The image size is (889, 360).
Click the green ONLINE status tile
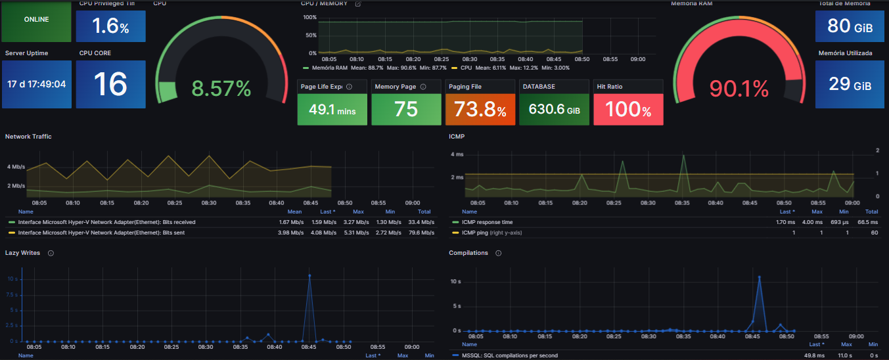(x=36, y=20)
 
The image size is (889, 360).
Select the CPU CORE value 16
(x=110, y=84)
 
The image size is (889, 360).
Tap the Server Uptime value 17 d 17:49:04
(x=37, y=84)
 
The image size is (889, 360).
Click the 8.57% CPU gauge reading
(x=221, y=88)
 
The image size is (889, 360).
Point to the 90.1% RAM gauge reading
(x=739, y=88)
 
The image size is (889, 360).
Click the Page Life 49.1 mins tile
(x=332, y=110)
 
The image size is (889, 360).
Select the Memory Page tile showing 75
(x=406, y=110)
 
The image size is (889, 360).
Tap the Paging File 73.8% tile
(x=480, y=110)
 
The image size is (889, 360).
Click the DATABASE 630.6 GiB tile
(x=555, y=110)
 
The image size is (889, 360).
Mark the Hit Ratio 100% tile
(x=628, y=110)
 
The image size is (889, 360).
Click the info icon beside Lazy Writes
(x=51, y=253)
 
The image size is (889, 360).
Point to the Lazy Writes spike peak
(x=309, y=275)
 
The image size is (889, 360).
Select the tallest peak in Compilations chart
(x=759, y=277)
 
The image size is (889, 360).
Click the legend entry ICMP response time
(x=487, y=222)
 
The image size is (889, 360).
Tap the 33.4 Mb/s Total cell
(x=424, y=222)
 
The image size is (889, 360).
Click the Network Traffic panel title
(x=28, y=136)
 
